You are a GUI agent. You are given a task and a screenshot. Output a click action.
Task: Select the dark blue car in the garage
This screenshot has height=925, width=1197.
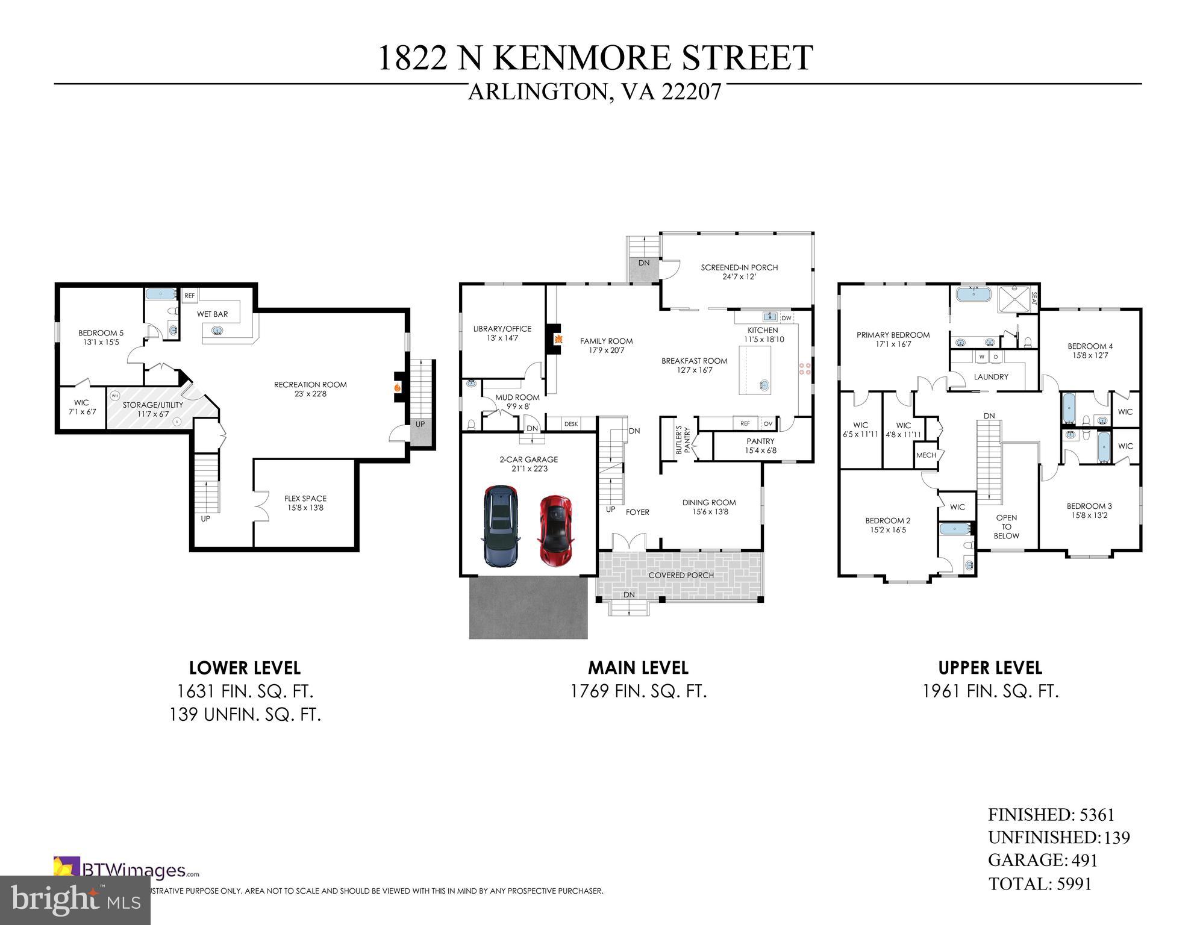pos(500,526)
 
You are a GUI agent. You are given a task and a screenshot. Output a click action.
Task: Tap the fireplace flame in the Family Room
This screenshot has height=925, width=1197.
pos(558,340)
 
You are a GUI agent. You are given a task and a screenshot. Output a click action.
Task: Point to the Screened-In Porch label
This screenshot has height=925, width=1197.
pos(739,267)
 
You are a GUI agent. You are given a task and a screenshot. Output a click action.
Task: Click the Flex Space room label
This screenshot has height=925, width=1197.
pos(305,499)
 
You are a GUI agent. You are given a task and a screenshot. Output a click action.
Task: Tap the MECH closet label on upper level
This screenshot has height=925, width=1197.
pos(926,455)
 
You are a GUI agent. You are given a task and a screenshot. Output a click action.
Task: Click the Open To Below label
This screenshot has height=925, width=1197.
pos(1006,526)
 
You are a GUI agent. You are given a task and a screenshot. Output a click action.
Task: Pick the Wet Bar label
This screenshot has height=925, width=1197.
pos(212,314)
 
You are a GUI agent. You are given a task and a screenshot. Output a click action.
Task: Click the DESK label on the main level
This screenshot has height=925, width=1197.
pos(570,424)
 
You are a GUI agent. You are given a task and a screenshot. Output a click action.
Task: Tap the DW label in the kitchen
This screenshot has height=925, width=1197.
pos(786,317)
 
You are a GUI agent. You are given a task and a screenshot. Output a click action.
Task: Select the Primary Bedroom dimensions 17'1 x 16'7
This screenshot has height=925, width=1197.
pos(893,344)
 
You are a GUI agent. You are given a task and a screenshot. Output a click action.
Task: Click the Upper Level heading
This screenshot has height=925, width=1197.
pos(990,668)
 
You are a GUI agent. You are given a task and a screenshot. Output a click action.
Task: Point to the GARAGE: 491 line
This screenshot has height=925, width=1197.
pos(1042,860)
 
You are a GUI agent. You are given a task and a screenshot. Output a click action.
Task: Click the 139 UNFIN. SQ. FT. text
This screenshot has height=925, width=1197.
pos(245,715)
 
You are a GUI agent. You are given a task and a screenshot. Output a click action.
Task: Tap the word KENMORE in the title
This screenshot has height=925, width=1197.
pos(593,58)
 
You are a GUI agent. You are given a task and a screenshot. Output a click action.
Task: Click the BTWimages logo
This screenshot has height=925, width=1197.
pos(127,870)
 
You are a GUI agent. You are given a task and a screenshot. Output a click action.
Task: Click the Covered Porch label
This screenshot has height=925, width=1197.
pos(681,575)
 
